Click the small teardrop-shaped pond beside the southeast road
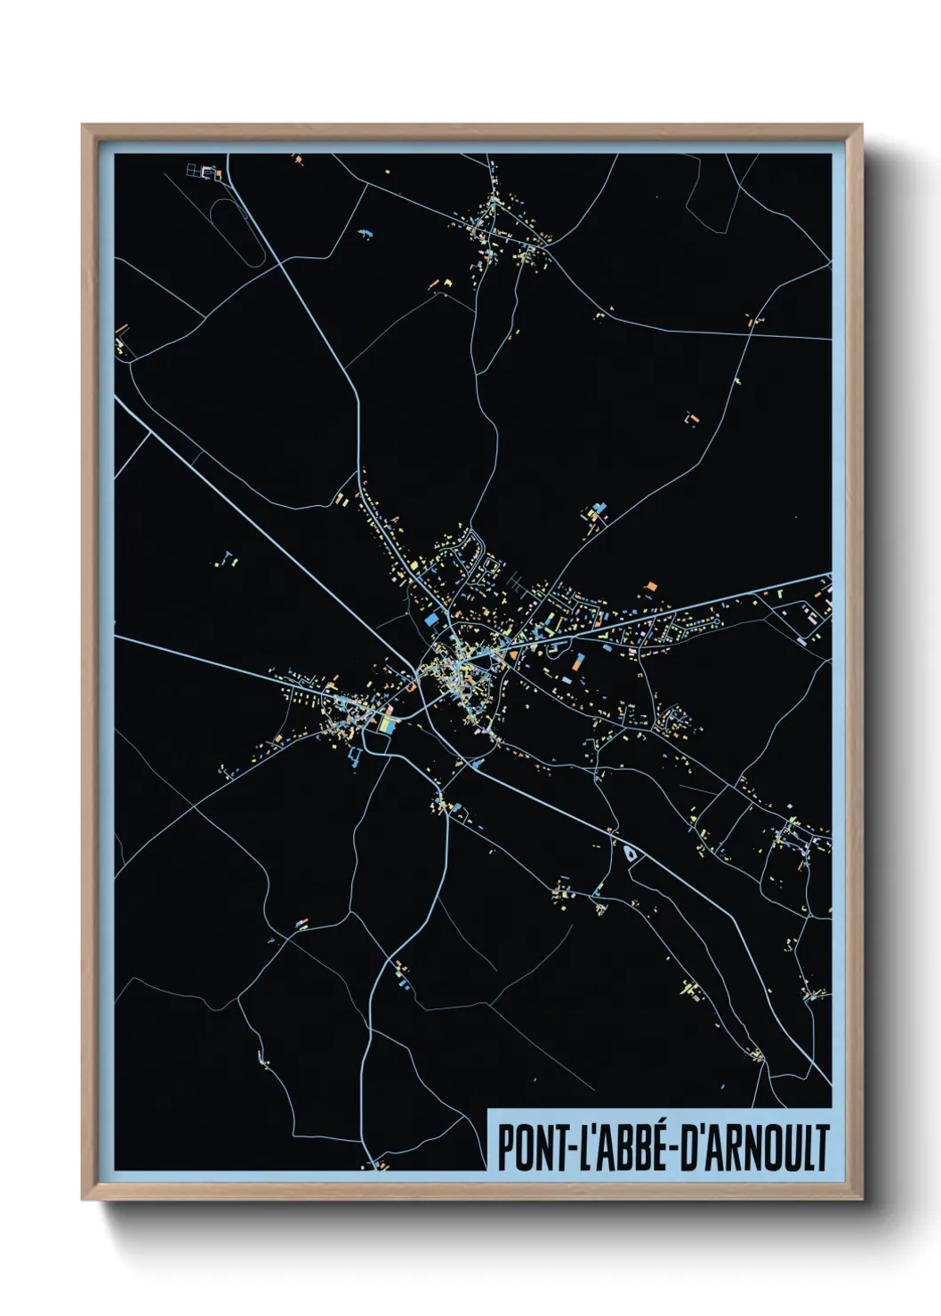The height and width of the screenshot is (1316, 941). coord(631,854)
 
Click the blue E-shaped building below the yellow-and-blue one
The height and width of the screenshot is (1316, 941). coord(355,758)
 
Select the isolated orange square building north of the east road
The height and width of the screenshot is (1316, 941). coord(651,586)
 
